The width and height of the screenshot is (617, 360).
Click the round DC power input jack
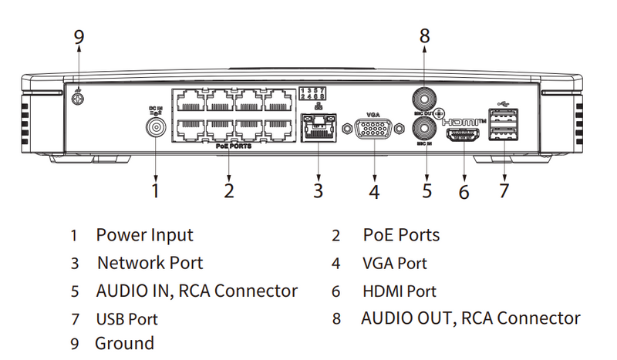(x=157, y=128)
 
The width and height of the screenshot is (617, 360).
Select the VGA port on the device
(x=373, y=129)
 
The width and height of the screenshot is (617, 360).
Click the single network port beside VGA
(x=317, y=128)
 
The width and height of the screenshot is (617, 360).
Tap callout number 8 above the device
(x=423, y=35)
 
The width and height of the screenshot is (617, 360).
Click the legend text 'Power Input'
(x=144, y=235)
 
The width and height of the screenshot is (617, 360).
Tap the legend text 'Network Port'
(x=150, y=263)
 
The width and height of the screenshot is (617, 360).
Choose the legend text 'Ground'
(x=124, y=343)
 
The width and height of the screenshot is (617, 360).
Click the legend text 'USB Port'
(x=127, y=318)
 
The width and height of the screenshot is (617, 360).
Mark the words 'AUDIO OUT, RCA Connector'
(x=470, y=318)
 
